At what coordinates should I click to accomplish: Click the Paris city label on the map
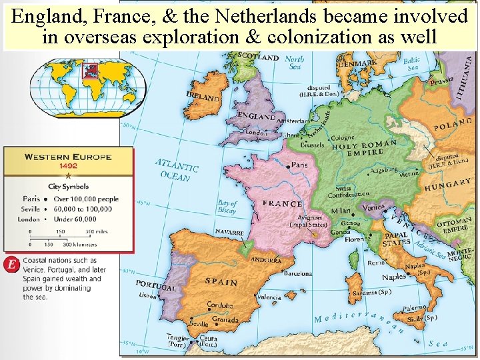(x=299, y=165)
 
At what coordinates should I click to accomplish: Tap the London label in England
(x=257, y=132)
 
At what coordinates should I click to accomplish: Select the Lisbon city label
(x=148, y=295)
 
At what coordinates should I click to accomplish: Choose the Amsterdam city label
(x=292, y=122)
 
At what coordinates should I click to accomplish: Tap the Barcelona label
(x=297, y=273)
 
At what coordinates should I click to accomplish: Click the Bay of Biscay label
(x=227, y=207)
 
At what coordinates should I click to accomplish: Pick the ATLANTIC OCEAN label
(x=177, y=169)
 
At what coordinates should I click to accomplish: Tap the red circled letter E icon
(x=11, y=264)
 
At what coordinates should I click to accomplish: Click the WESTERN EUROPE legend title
(x=68, y=157)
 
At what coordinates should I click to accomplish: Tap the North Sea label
(x=295, y=63)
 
